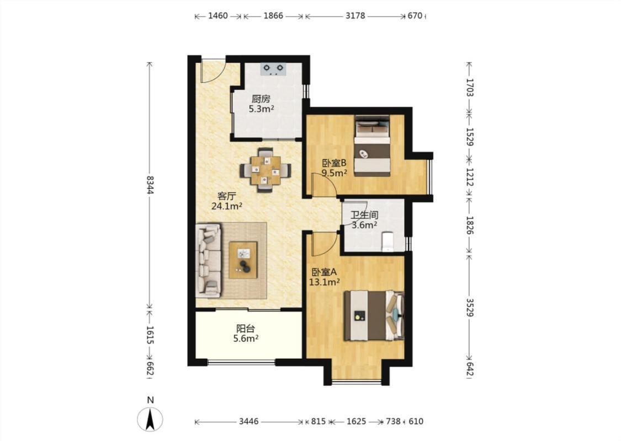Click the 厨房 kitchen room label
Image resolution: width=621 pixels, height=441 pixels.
pyautogui.click(x=261, y=99)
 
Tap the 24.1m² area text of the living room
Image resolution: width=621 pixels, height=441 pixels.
pyautogui.click(x=227, y=206)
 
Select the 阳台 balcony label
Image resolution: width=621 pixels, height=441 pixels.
pyautogui.click(x=246, y=329)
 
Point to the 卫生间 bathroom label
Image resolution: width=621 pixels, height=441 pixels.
pyautogui.click(x=364, y=216)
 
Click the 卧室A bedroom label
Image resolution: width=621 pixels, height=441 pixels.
pyautogui.click(x=325, y=272)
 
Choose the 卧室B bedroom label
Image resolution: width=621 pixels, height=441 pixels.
pyautogui.click(x=335, y=163)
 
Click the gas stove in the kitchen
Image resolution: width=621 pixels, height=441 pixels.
pyautogui.click(x=273, y=69)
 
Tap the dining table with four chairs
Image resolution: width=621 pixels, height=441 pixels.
pyautogui.click(x=266, y=170)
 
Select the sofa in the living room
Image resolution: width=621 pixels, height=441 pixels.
pyautogui.click(x=209, y=261)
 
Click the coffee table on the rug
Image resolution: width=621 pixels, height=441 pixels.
pyautogui.click(x=243, y=260)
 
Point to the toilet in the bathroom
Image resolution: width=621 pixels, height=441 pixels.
pyautogui.click(x=387, y=241)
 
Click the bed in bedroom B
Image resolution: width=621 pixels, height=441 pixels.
pyautogui.click(x=372, y=146)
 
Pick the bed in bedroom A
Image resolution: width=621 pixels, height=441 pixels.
pyautogui.click(x=374, y=316)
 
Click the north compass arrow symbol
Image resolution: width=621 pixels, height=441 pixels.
pyautogui.click(x=150, y=420)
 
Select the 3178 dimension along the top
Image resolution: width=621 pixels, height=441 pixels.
pyautogui.click(x=355, y=16)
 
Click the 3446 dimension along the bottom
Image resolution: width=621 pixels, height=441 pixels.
pyautogui.click(x=249, y=422)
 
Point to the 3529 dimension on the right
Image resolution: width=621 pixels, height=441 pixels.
pyautogui.click(x=469, y=307)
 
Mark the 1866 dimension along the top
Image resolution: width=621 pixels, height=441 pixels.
pyautogui.click(x=273, y=16)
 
